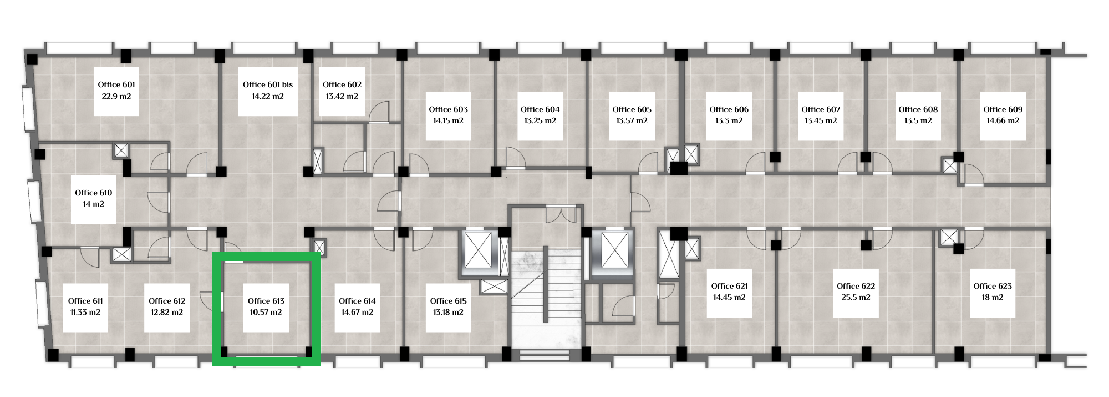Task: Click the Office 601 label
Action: (116, 84)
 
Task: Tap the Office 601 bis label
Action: (268, 84)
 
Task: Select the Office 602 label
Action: (342, 84)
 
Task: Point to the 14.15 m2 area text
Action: (449, 121)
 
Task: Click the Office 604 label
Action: (540, 109)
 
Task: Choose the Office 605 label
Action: (632, 109)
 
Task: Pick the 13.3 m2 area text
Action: (729, 121)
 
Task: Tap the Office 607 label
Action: (821, 109)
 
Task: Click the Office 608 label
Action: (918, 109)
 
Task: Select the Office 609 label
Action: (1003, 109)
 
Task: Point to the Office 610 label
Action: (94, 193)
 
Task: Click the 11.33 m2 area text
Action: (85, 313)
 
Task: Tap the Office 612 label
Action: (167, 301)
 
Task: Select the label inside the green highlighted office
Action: (266, 306)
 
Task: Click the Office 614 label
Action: (357, 301)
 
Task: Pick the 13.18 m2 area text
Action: (449, 313)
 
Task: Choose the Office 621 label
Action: (730, 286)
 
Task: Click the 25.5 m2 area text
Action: (856, 298)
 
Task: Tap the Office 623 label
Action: (993, 286)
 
